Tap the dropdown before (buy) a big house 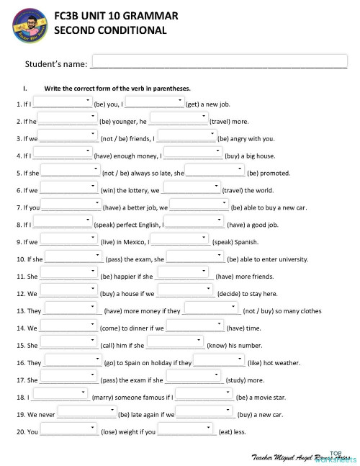click(x=193, y=154)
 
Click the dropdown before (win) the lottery click(x=70, y=189)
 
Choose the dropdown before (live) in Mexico click(x=70, y=241)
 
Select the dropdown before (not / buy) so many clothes click(x=212, y=310)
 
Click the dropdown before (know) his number click(x=175, y=344)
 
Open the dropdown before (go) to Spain click(x=73, y=362)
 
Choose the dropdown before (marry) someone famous click(x=60, y=396)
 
